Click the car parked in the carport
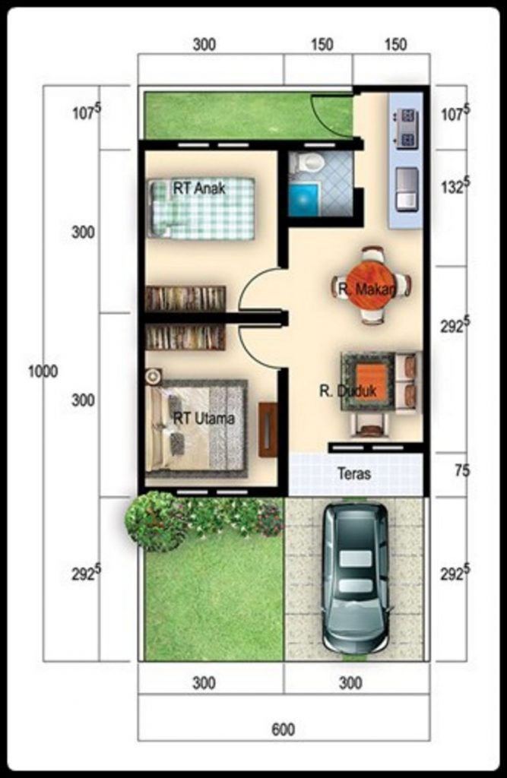[x=355, y=577]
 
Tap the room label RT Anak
[x=199, y=189]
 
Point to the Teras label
[x=354, y=473]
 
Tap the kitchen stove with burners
[x=406, y=128]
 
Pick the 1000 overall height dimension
[x=43, y=372]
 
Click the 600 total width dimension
[x=283, y=730]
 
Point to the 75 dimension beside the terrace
[x=461, y=471]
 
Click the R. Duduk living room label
[x=342, y=392]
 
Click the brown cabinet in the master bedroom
[x=268, y=430]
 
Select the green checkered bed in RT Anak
[x=201, y=208]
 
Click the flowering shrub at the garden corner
[x=156, y=520]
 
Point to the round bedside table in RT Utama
[x=154, y=375]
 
